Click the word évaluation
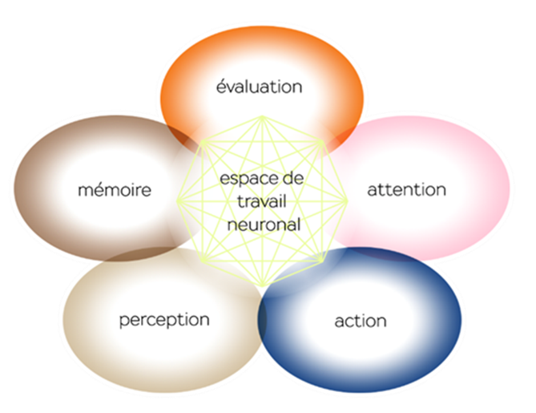pos(259,86)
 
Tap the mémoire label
pos(115,191)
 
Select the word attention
pos(406,190)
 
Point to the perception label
pos(164,320)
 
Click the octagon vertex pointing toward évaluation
pos(262,117)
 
